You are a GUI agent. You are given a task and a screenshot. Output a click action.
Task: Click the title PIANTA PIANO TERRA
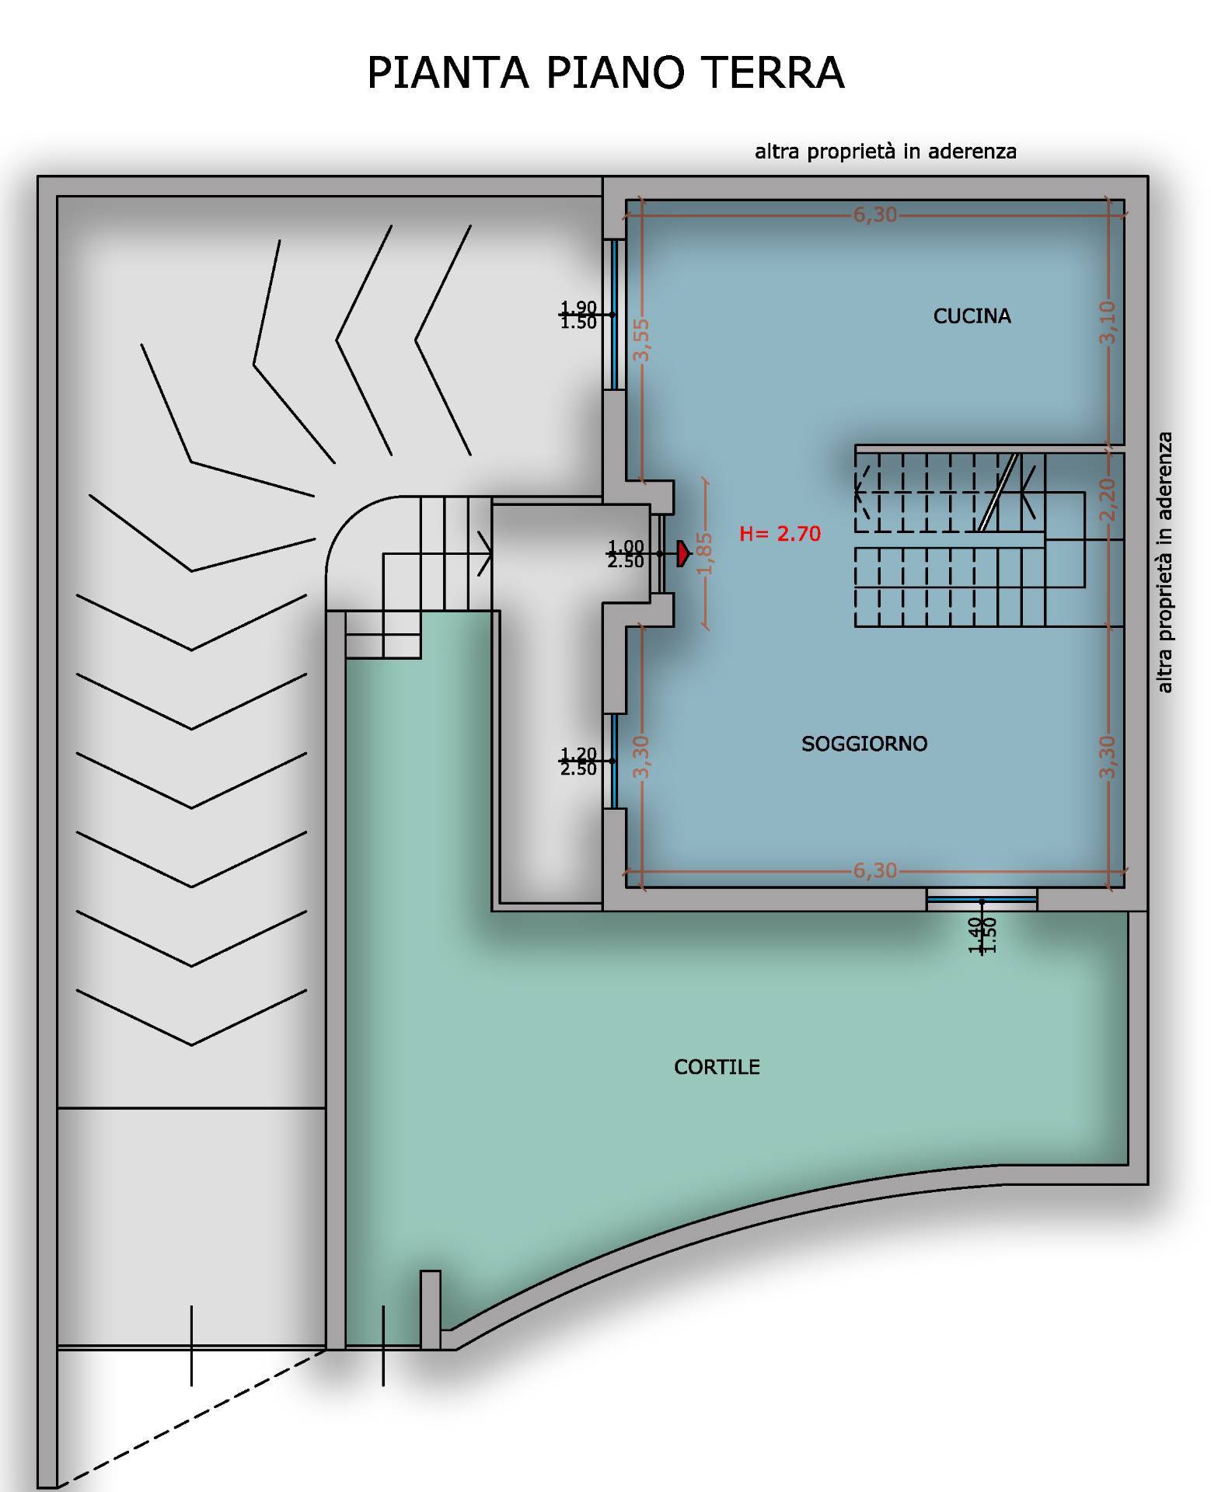coord(605,73)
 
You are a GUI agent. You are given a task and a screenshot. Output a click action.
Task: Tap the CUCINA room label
coord(972,316)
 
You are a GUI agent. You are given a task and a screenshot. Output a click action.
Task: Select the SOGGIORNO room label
coord(864,744)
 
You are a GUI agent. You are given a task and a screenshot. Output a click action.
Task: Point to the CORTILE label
coord(717,1067)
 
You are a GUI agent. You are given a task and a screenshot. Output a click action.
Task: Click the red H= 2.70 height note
coord(780,534)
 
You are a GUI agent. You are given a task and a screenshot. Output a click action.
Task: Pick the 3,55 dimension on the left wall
coord(641,340)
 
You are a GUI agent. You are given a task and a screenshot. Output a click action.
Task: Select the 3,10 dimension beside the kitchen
coord(1108,322)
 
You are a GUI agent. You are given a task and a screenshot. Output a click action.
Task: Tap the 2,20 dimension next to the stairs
coord(1108,500)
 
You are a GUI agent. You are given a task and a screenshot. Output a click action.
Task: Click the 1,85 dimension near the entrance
coord(705,553)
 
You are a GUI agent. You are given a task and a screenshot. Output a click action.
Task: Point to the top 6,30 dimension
coord(875,214)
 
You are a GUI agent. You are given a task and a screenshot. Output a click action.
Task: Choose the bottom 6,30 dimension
coord(875,870)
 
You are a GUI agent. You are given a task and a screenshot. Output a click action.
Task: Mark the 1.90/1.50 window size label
coord(578,315)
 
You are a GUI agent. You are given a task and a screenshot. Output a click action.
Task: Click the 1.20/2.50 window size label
coord(578,762)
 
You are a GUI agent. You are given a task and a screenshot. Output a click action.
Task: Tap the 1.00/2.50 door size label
coord(626,554)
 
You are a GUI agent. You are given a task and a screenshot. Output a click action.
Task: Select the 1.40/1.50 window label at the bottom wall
coord(982,935)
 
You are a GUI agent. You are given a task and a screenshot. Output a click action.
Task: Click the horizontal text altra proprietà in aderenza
coord(885,151)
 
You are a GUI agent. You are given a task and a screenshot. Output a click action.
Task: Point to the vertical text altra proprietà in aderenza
coord(1164,563)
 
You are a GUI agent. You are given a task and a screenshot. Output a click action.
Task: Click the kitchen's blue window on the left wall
coord(614,314)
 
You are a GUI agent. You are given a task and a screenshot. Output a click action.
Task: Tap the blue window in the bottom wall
coord(982,900)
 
